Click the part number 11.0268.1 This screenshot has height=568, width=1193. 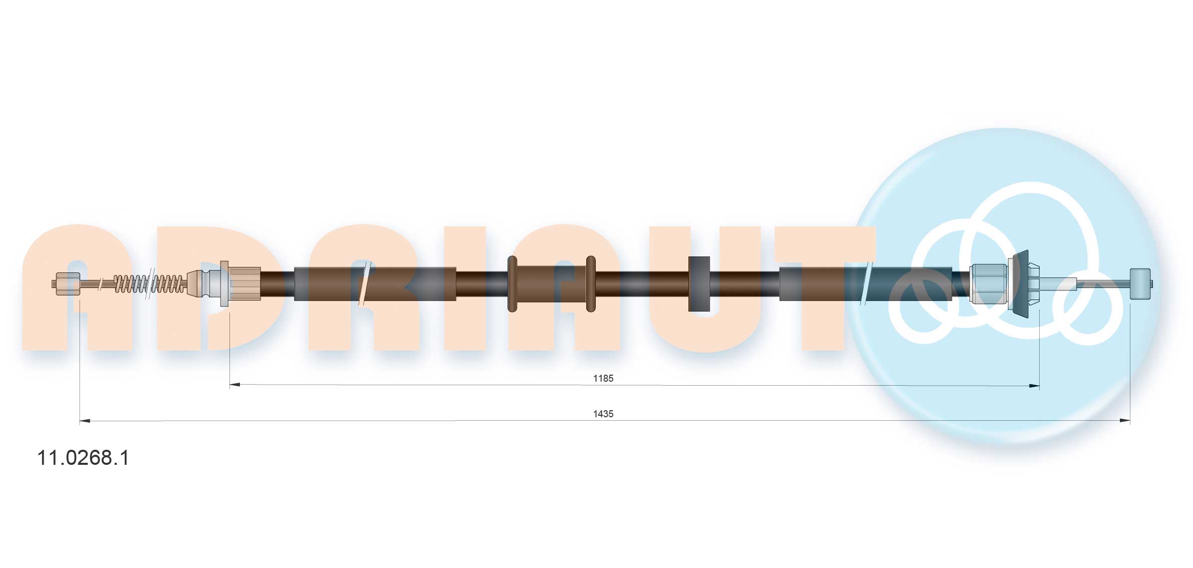coord(83,458)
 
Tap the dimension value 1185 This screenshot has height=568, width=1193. coord(603,378)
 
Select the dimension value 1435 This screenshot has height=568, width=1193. coord(603,414)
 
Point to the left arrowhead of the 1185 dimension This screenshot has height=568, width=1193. coord(235,385)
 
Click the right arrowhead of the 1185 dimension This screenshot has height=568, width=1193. coord(1034,386)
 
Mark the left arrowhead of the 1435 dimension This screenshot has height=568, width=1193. coord(85,421)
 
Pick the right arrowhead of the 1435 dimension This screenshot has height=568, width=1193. coord(1124,421)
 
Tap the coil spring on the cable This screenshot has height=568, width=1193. coord(149,283)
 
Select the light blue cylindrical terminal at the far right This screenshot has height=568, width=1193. coord(1140,284)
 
